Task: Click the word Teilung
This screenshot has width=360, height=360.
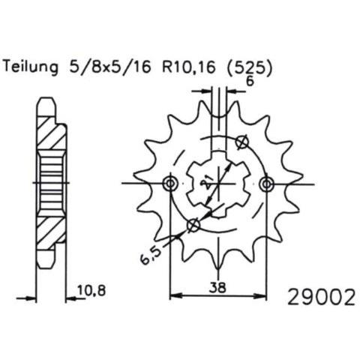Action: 31,67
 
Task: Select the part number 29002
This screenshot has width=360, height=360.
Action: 322,297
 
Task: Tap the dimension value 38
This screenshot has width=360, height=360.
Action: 217,287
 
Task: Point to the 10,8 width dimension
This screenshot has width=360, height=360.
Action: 91,290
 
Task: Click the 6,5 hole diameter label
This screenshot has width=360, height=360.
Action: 151,256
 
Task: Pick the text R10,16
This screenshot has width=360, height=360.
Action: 189,67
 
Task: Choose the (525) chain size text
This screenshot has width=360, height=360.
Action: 250,67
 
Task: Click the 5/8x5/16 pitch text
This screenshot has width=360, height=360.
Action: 110,67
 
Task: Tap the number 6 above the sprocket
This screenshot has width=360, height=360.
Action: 250,81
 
